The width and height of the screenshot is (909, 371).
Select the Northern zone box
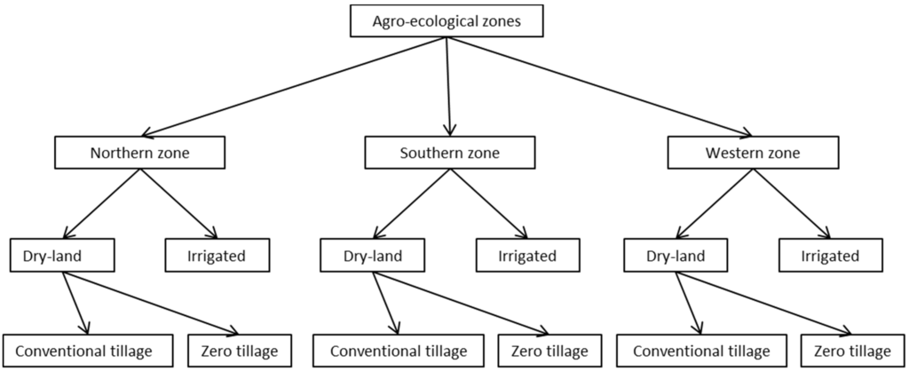[138, 153]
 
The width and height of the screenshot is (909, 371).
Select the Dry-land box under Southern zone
[372, 257]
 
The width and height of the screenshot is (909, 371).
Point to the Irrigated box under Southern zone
[527, 257]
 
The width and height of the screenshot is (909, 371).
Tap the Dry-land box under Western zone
[676, 257]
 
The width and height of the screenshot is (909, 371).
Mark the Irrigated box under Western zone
[831, 257]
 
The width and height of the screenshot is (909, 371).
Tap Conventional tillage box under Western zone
[700, 349]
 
